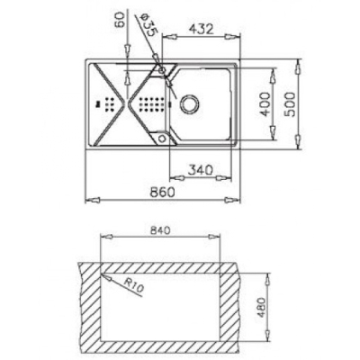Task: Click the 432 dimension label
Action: click(202, 29)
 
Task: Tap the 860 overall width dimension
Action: click(162, 193)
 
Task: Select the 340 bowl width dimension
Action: click(201, 170)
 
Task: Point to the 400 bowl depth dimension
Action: click(265, 104)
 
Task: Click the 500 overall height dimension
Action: click(290, 104)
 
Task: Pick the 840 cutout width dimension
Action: click(160, 230)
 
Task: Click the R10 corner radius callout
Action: click(134, 285)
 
